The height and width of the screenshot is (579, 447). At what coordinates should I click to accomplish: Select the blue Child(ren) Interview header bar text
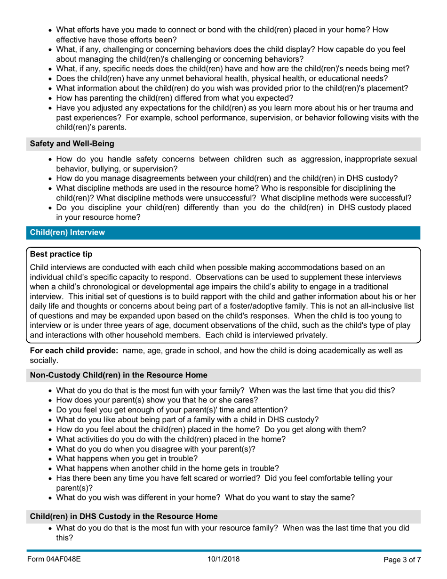point(67,232)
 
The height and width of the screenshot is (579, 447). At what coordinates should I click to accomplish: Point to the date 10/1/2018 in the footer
point(223,559)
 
